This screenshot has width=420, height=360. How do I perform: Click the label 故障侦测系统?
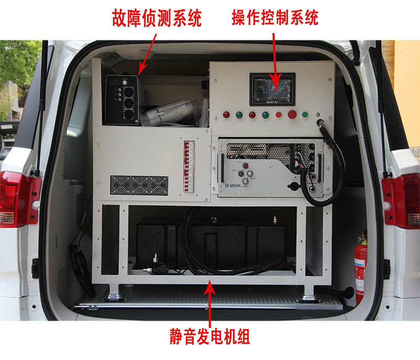coord(156,19)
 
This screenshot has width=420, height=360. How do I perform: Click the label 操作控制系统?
coord(275,18)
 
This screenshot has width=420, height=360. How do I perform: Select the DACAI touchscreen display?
coord(271,87)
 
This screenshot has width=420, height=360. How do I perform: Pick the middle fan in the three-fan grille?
coord(139,186)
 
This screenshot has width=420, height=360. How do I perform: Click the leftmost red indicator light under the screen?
coord(226,115)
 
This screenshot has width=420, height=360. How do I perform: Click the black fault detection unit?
coord(122,99)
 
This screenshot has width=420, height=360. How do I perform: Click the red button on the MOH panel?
coord(245,166)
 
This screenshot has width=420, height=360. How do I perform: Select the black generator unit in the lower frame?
coord(210,244)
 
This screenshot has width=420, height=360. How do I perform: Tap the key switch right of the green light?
coord(318,115)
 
